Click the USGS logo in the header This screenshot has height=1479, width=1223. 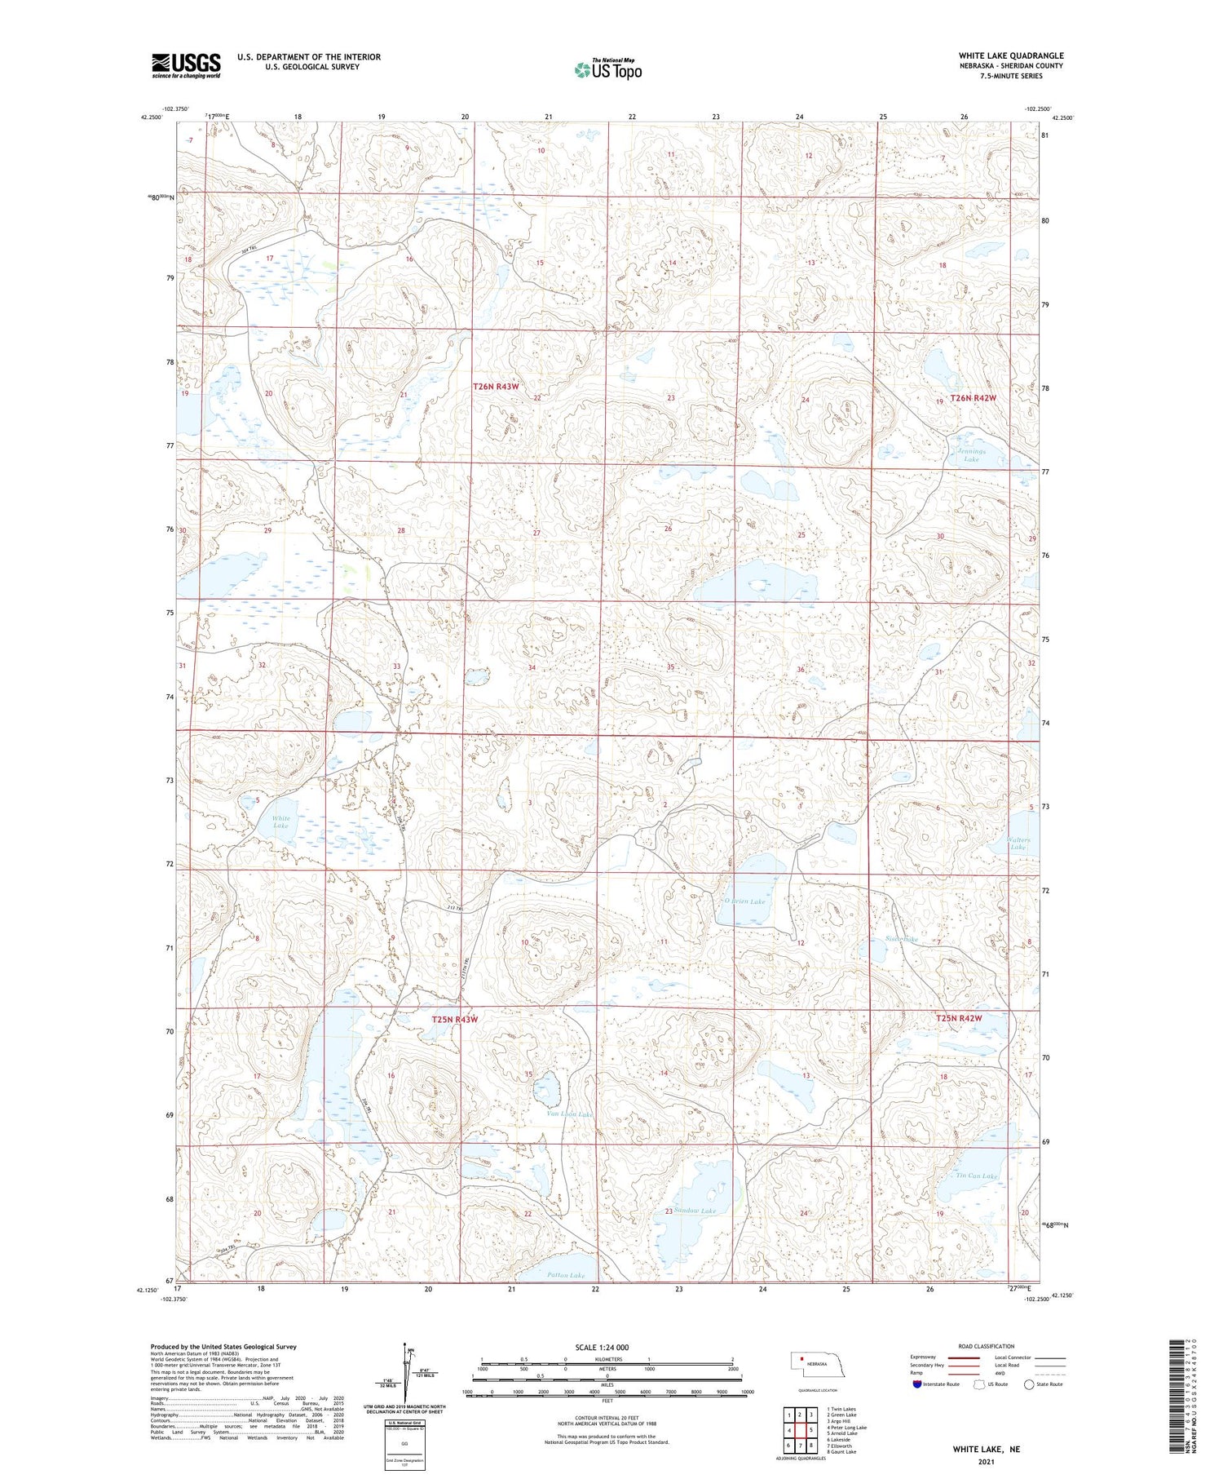pos(186,65)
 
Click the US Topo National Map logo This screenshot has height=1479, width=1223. pos(607,69)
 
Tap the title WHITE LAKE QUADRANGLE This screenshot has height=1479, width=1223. pos(1010,55)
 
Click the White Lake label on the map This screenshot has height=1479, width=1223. pos(280,821)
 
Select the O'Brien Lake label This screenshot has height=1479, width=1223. pos(744,901)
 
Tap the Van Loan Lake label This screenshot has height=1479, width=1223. pos(569,1114)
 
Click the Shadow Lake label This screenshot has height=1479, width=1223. pos(695,1211)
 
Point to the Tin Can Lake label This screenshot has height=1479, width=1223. pos(977,1176)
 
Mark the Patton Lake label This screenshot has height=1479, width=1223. pos(566,1275)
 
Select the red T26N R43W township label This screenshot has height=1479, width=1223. pos(496,387)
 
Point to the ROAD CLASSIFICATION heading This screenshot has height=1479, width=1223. pos(987,1346)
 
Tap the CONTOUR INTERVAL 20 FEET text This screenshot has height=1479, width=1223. pos(606,1418)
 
